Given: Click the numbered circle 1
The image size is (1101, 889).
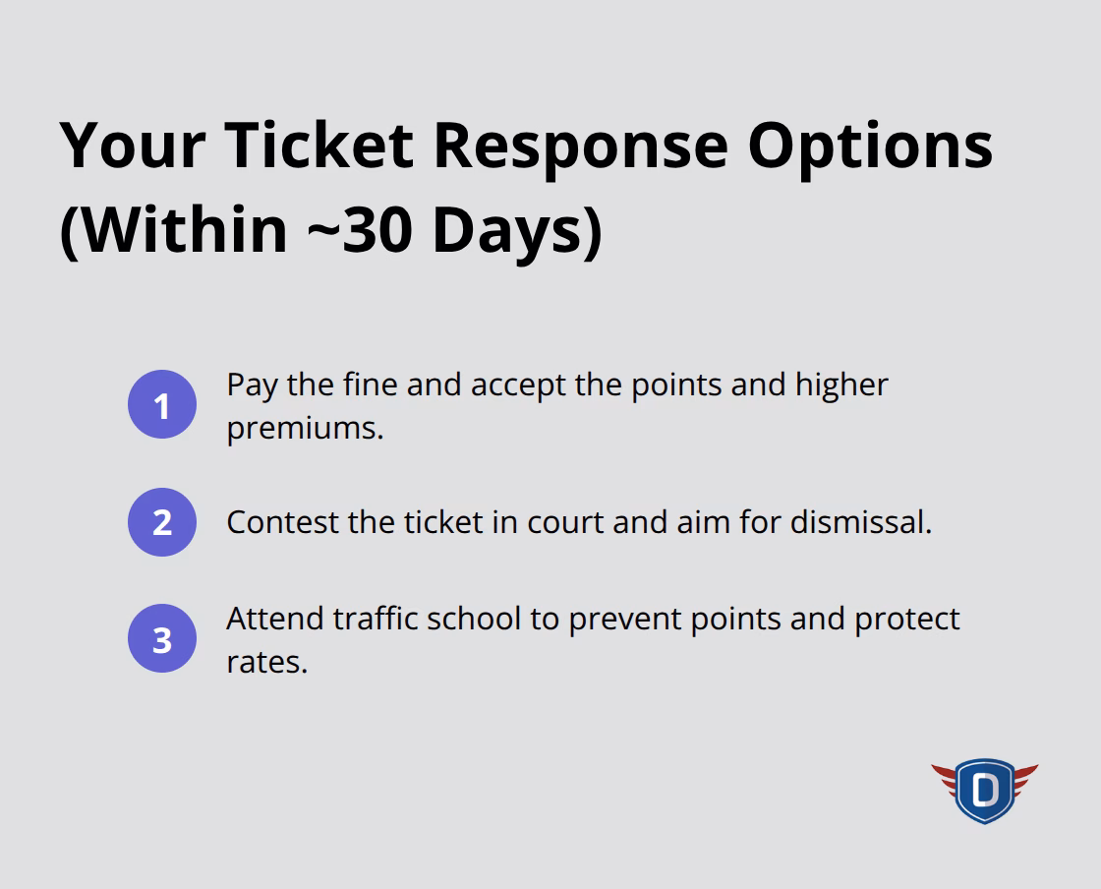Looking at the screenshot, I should (x=162, y=405).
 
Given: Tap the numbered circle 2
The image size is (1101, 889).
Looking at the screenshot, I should (x=162, y=522).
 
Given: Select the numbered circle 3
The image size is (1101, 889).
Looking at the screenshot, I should (x=162, y=639).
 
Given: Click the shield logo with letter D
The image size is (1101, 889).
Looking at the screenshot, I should (x=984, y=789).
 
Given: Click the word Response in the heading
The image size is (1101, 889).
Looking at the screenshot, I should (x=580, y=145).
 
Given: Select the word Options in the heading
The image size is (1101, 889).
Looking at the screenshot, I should (x=870, y=145).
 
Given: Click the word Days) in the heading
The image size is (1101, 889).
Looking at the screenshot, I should (x=517, y=230).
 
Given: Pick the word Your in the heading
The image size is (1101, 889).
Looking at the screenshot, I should (x=133, y=145).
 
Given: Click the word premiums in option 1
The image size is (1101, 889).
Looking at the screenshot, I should (x=304, y=429).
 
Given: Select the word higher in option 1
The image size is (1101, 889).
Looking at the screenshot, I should (x=841, y=385).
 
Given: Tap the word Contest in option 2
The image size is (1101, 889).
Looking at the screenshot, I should (x=283, y=522).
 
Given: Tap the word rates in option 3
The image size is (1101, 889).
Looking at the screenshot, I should (x=265, y=662).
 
